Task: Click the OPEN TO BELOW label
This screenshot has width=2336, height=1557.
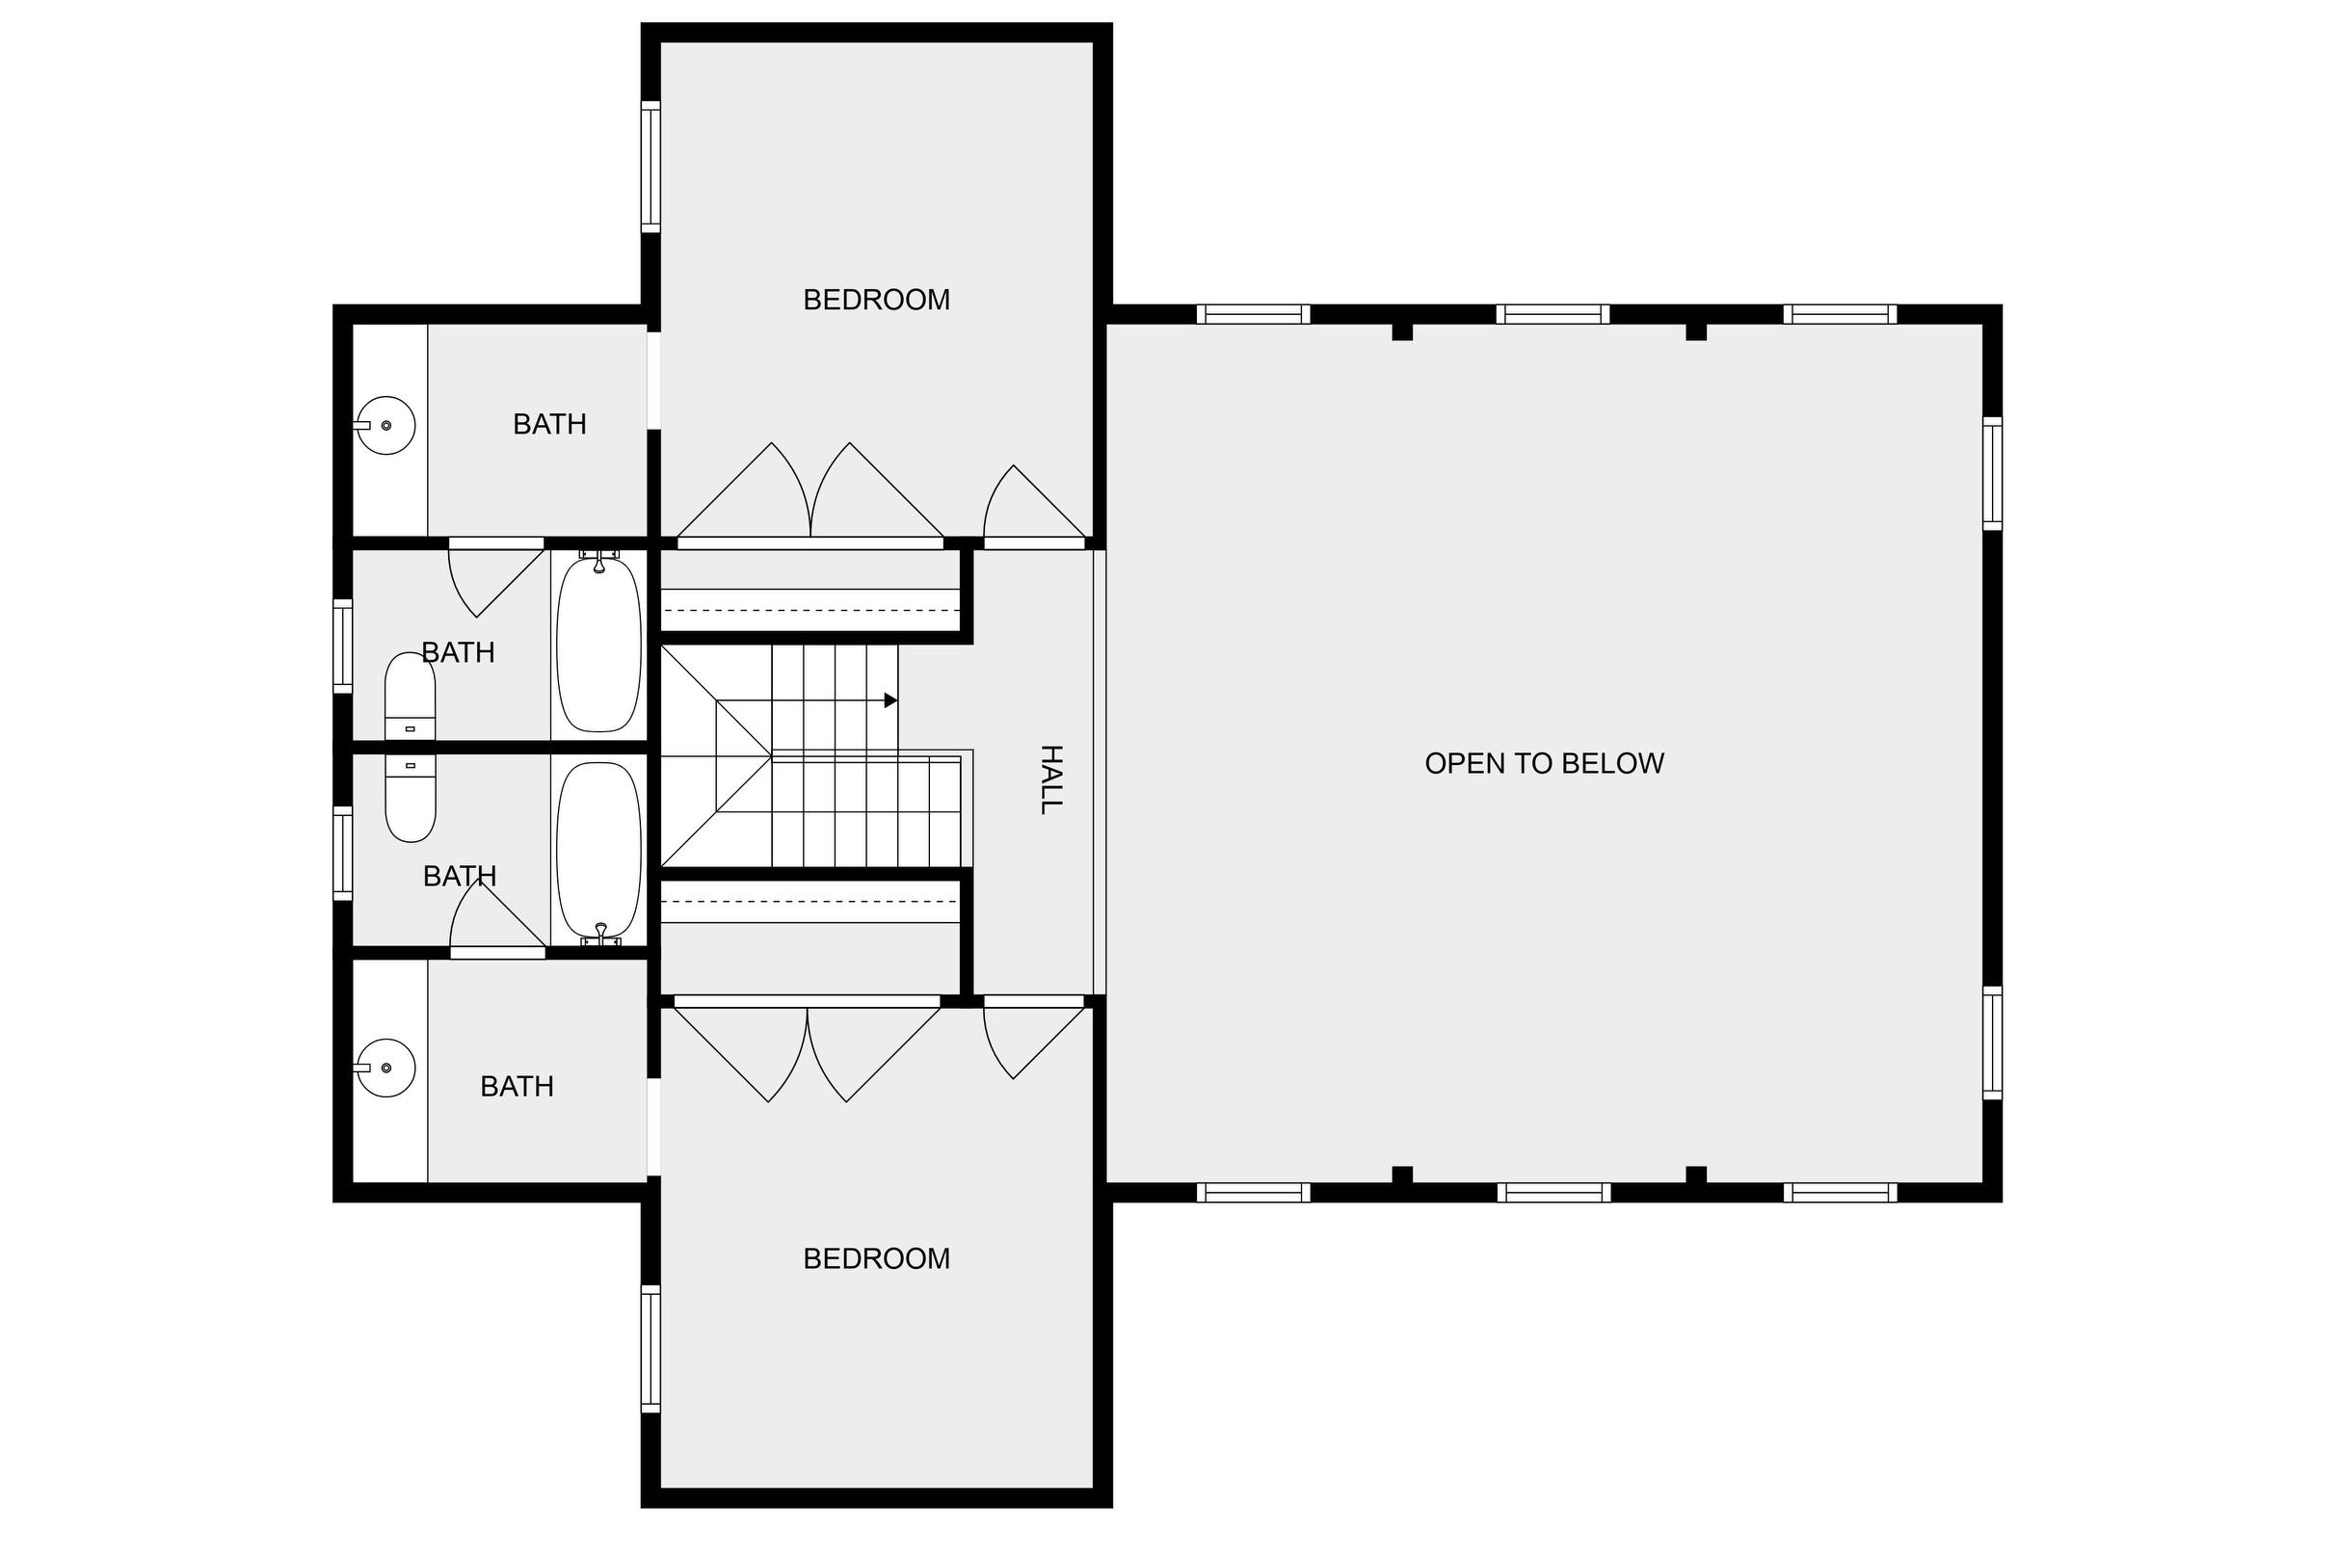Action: pyautogui.click(x=1545, y=763)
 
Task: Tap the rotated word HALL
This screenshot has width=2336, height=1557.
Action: pyautogui.click(x=1050, y=779)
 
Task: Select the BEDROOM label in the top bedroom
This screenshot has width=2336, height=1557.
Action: pyautogui.click(x=876, y=299)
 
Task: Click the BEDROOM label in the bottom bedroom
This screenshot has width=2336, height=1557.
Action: pyautogui.click(x=876, y=1258)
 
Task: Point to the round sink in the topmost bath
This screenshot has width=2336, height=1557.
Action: pyautogui.click(x=385, y=425)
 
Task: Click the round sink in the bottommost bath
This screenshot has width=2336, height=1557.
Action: pyautogui.click(x=385, y=1068)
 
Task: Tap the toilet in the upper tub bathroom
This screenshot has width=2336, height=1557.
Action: pyautogui.click(x=410, y=695)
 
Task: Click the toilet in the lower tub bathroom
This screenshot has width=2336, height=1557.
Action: pyautogui.click(x=410, y=799)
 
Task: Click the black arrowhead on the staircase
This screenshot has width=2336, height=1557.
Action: pyautogui.click(x=890, y=700)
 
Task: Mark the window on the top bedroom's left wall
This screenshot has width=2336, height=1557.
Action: pyautogui.click(x=650, y=167)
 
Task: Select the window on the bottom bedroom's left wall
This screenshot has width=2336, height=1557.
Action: pyautogui.click(x=650, y=1348)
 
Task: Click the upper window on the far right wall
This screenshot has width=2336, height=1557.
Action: pyautogui.click(x=1992, y=474)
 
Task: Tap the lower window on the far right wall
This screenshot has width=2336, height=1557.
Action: pyautogui.click(x=1992, y=1042)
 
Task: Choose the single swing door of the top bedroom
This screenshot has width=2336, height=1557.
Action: pyautogui.click(x=1034, y=506)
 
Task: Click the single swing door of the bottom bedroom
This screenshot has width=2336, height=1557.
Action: pyautogui.click(x=1034, y=1038)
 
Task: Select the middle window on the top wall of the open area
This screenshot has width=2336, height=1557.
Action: pyautogui.click(x=1553, y=314)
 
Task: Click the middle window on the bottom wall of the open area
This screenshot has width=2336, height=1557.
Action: pyautogui.click(x=1553, y=1193)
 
